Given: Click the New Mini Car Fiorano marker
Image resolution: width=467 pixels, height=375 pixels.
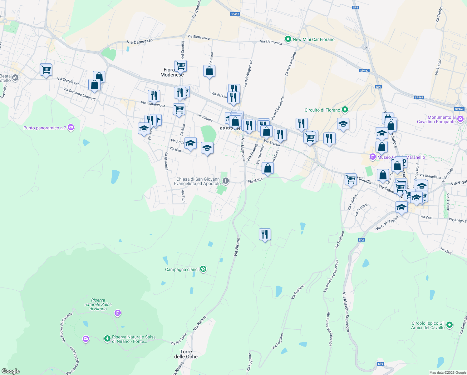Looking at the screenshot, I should point(288,39).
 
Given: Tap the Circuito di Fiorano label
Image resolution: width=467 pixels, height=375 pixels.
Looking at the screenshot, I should point(322,110).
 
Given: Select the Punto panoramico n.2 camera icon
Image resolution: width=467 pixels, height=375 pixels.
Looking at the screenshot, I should point(71,127).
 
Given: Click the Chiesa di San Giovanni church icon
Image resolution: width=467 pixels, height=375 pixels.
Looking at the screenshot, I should point(225,181).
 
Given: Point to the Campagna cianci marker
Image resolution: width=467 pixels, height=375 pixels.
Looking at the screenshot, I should point(203,269).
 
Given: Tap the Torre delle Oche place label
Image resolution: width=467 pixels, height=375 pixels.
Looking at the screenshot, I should point(186,354).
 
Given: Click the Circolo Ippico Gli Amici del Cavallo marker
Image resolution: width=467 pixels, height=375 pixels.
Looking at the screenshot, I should point(449,325).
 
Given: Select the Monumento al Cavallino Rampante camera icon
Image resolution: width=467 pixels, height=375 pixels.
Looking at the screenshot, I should point(460,119).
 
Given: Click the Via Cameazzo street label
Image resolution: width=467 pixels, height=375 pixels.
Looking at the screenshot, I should point(140,42).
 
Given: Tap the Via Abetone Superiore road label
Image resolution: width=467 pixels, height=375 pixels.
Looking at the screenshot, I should point(346,312).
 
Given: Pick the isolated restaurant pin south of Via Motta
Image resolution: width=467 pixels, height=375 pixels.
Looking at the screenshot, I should point(265,234).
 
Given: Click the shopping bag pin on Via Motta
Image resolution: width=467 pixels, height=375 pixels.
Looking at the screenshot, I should point(268,168).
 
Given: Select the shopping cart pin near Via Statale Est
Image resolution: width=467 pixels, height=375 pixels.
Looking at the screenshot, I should point(46,70).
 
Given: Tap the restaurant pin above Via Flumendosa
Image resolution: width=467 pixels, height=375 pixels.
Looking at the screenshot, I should point(154,96).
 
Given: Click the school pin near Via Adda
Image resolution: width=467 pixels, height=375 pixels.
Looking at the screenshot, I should point(190,143).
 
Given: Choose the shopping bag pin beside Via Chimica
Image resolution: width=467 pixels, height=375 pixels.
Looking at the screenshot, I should point(209,71).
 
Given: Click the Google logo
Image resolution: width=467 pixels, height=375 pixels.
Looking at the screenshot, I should point(11,371).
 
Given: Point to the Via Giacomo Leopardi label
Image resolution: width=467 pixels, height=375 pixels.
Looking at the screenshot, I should point(79,94).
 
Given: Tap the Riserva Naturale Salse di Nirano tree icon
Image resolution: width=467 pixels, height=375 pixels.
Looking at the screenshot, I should point(107,338).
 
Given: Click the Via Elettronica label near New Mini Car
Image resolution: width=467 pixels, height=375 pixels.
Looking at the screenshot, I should point(271,42).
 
